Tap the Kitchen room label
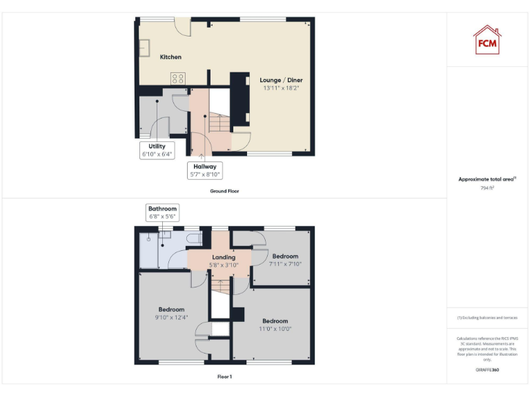coord(170,57)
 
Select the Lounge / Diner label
coord(281,81)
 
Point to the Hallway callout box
coord(205,170)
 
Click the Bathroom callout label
coord(163,212)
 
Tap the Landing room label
coord(224,257)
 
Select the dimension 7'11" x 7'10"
coord(285,264)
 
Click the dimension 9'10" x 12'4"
coord(171,317)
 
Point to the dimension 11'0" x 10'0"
coord(275,329)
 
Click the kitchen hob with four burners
coord(177,79)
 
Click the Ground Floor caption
coord(224,191)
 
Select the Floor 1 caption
coord(224,377)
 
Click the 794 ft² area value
coord(487,187)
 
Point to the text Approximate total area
coord(487,179)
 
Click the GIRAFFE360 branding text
coord(487,370)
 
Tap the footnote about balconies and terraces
coord(487,318)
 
